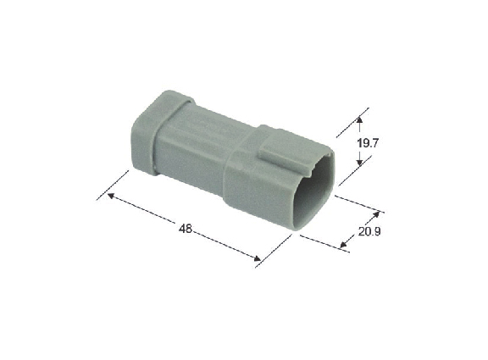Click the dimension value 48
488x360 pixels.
186,229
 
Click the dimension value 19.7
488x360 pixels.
368,143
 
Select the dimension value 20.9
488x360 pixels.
369,231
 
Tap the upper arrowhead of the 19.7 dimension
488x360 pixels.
359,120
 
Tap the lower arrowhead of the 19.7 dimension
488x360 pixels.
359,162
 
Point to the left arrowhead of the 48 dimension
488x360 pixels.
111,196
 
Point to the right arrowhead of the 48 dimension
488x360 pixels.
257,258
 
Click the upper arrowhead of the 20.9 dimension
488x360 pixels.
376,214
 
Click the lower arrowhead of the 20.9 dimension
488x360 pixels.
343,245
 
